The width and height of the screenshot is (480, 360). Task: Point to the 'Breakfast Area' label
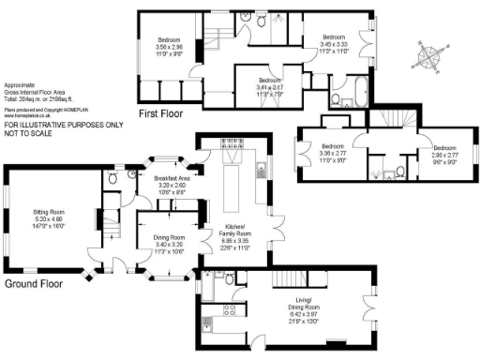point(172,177)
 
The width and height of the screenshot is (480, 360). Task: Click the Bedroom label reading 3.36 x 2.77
point(334,146)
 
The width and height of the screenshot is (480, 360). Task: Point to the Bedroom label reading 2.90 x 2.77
point(445,148)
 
